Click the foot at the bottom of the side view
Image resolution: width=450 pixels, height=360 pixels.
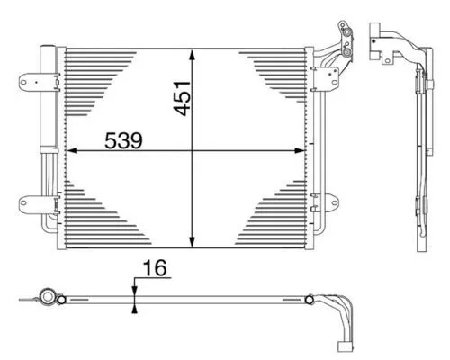pos(421,241)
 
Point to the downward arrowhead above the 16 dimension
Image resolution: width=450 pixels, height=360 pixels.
pos(134,287)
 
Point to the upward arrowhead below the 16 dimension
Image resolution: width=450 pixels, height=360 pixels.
pos(134,306)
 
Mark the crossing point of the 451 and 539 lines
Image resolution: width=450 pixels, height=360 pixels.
pos(192,150)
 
